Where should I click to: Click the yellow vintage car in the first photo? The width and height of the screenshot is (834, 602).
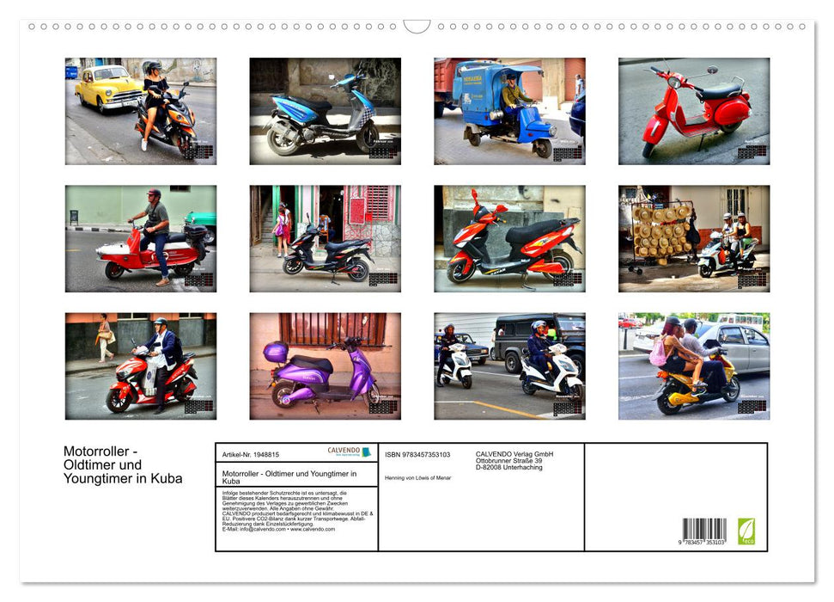click(107, 88)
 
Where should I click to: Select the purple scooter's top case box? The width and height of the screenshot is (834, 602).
click(276, 352)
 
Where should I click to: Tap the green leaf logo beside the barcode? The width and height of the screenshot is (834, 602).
click(746, 531)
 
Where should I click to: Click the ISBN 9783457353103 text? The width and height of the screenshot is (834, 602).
click(417, 454)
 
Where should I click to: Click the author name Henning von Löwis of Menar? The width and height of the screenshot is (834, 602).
click(417, 477)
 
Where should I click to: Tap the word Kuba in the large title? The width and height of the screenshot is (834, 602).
click(165, 479)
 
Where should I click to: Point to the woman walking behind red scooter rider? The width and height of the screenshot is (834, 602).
click(105, 337)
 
